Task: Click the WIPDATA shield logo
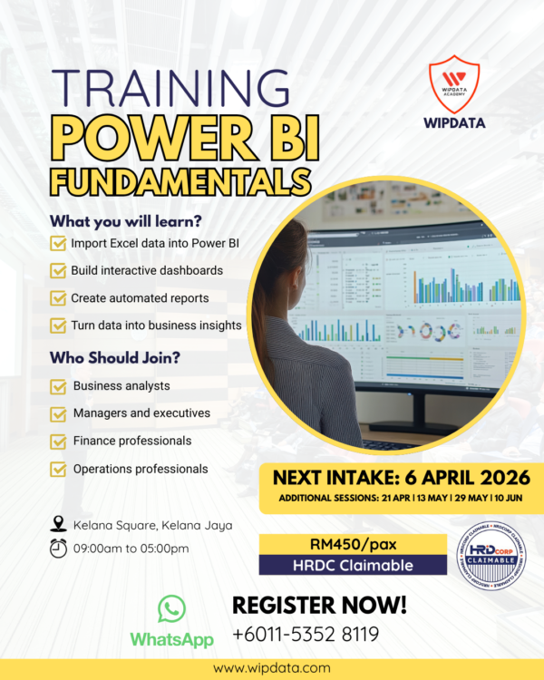(453, 79)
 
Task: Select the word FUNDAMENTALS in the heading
(178, 178)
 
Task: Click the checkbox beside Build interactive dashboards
(59, 271)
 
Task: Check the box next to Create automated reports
(59, 298)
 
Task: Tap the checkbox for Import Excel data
(59, 244)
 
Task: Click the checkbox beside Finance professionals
(59, 442)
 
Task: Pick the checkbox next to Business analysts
(59, 387)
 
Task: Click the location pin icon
(59, 524)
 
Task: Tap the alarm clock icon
(59, 549)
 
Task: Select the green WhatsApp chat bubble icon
(171, 608)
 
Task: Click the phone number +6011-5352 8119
(306, 635)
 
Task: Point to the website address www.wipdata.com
(271, 668)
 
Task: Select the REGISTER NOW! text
(320, 605)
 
